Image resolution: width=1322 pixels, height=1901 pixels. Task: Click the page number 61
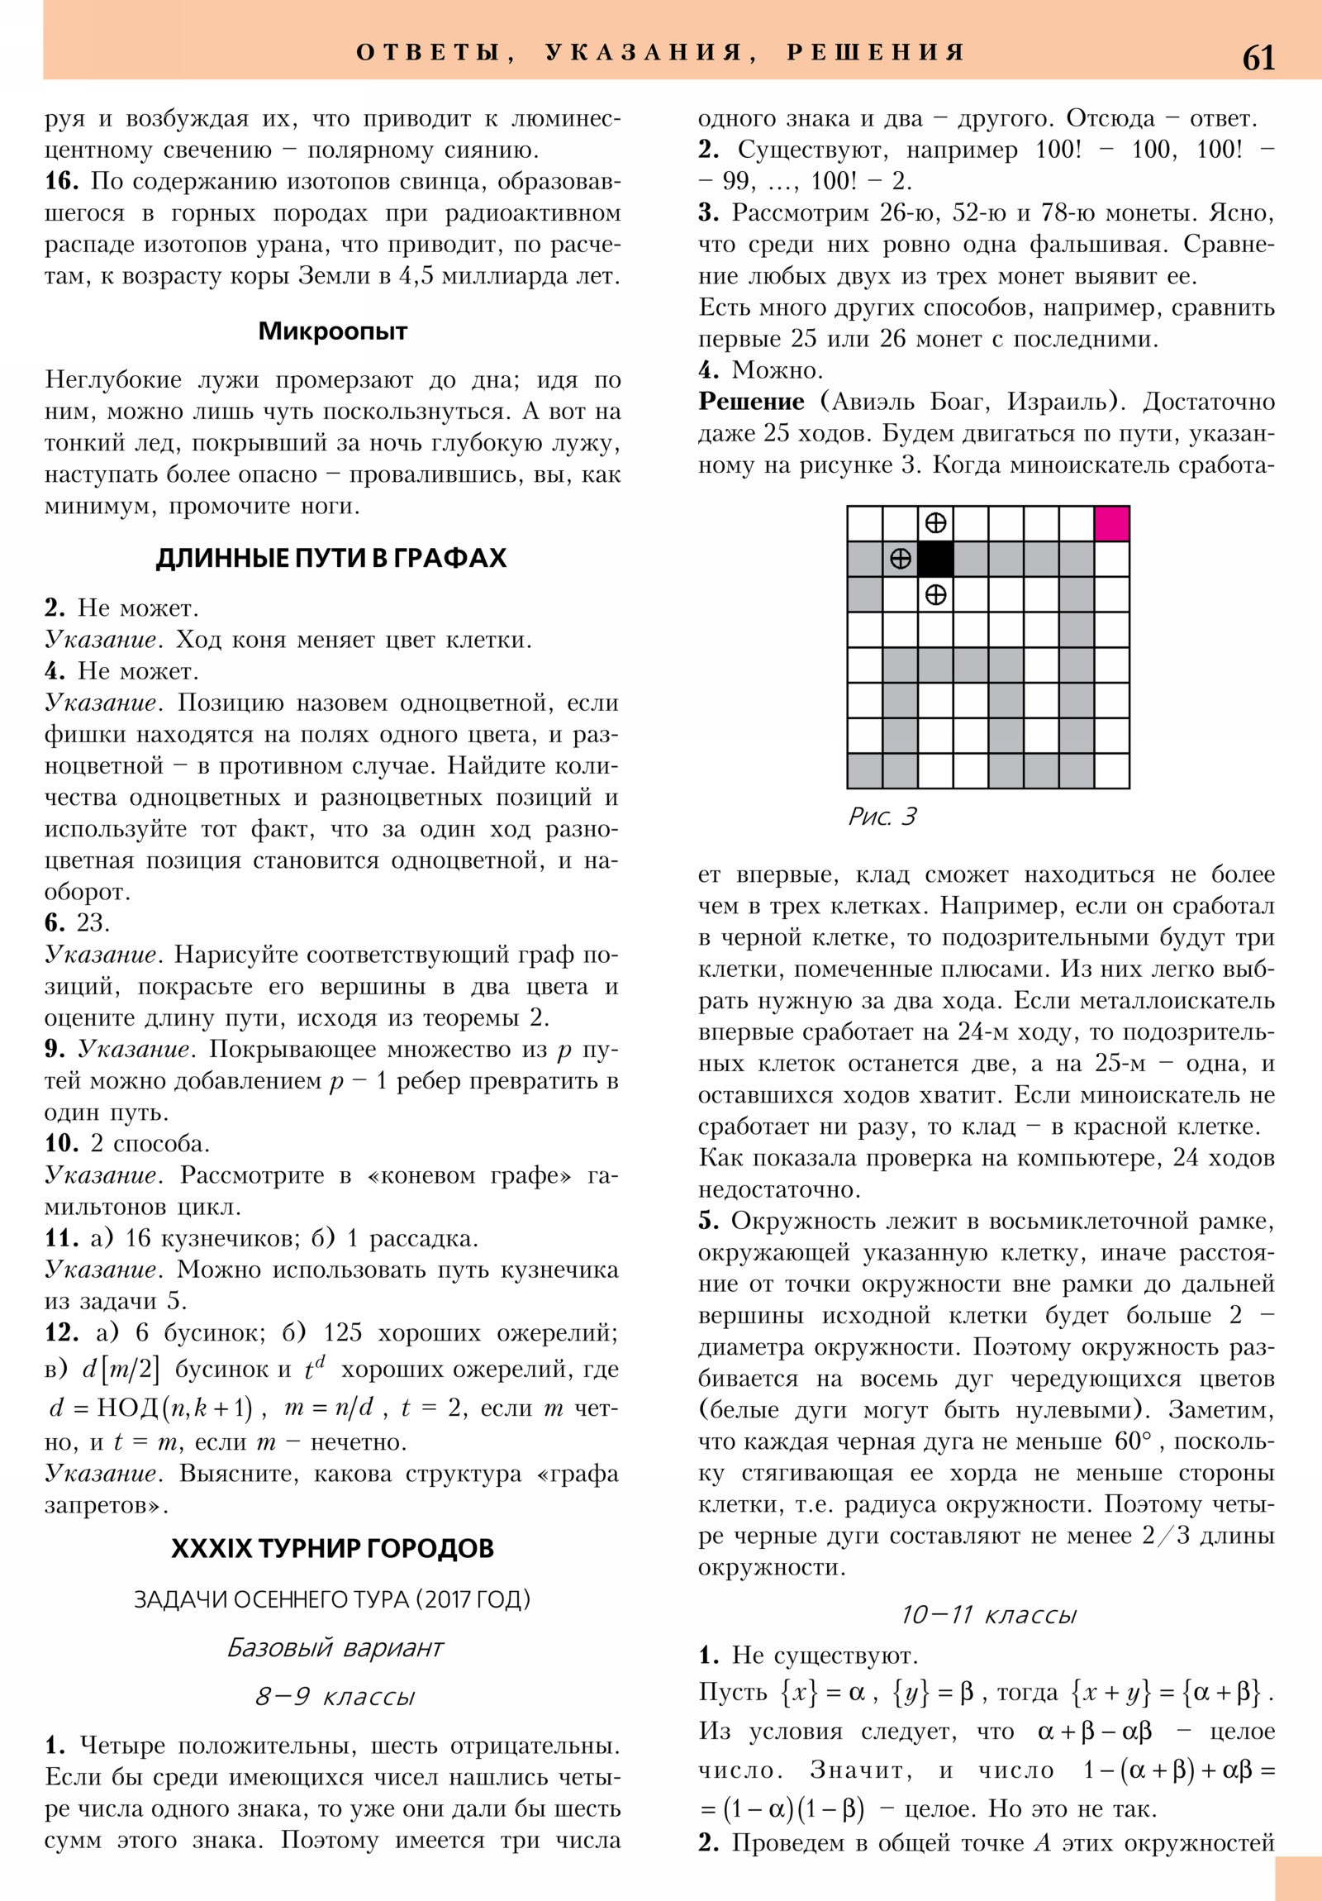point(1258,59)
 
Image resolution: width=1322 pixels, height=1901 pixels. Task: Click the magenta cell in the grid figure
point(1112,524)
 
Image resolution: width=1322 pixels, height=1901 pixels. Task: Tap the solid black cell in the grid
point(935,559)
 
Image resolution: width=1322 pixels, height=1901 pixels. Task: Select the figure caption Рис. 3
point(882,817)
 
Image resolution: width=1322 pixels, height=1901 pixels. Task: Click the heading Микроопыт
point(333,331)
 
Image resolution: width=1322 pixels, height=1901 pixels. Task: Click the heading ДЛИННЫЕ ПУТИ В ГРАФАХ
point(331,558)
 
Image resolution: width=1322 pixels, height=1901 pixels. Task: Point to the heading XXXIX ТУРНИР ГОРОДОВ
point(332,1548)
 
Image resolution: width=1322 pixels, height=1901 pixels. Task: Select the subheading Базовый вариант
point(335,1647)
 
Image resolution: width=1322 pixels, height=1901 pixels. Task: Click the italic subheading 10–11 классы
point(988,1614)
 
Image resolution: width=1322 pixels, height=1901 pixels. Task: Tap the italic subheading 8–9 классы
point(335,1697)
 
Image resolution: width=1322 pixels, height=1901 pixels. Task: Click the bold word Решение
point(751,402)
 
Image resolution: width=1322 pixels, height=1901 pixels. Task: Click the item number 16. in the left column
point(61,181)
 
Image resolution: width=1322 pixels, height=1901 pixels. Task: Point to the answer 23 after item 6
point(93,923)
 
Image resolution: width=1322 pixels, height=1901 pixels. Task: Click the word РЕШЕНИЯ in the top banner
point(875,53)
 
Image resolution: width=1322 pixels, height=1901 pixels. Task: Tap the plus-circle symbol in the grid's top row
point(935,523)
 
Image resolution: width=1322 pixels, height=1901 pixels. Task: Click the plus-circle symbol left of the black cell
point(900,559)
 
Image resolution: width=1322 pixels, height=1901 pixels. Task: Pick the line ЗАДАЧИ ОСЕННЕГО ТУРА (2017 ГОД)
point(332,1598)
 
